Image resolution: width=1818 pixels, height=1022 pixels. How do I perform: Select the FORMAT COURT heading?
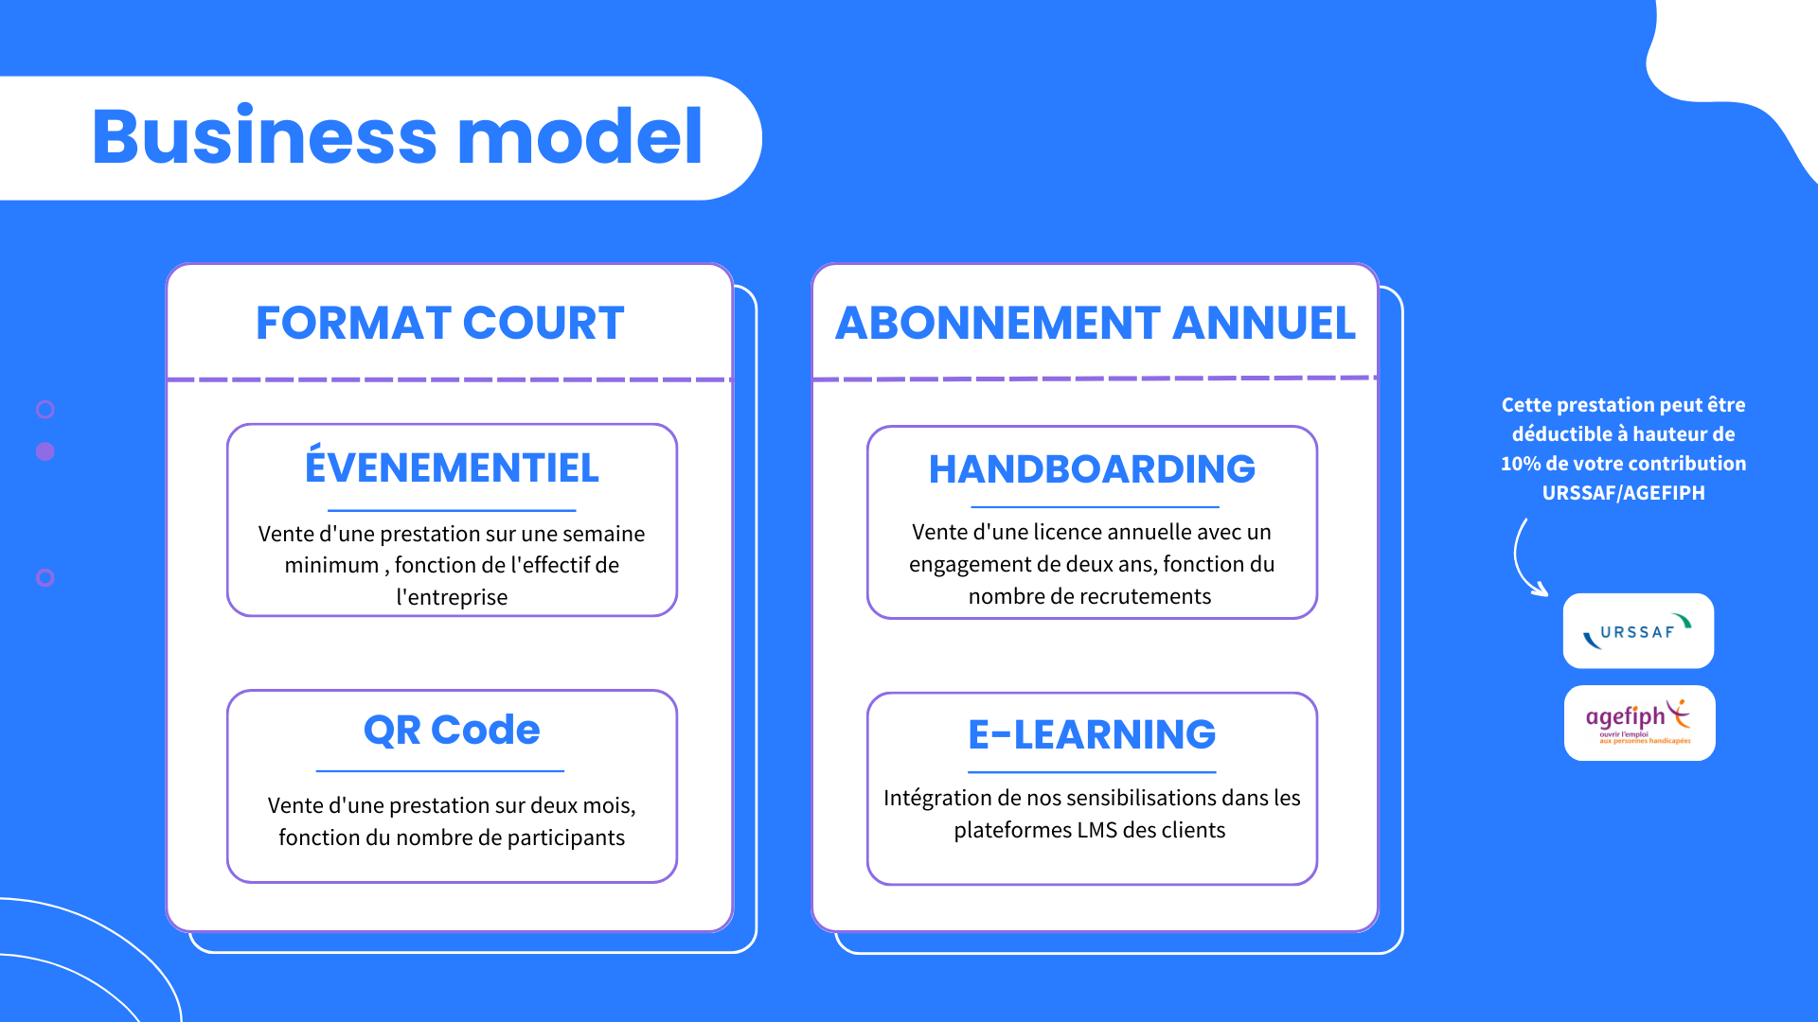coord(440,323)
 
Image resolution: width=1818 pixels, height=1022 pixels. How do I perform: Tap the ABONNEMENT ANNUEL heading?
coord(1096,323)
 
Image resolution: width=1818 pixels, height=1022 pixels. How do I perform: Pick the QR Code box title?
coord(452,731)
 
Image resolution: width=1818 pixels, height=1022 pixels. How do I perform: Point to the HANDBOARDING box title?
coord(1092,469)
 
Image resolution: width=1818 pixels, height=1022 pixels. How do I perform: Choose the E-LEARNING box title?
coord(1092,734)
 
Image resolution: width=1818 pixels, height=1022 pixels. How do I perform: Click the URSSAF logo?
coord(1638,631)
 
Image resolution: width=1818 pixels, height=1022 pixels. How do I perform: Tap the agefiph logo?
coord(1639,723)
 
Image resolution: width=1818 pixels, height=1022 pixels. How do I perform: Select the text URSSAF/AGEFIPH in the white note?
coord(1623,493)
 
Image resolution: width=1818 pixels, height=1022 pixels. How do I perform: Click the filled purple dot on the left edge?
coord(45,451)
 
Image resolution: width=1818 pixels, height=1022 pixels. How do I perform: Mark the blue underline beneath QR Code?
coord(440,771)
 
